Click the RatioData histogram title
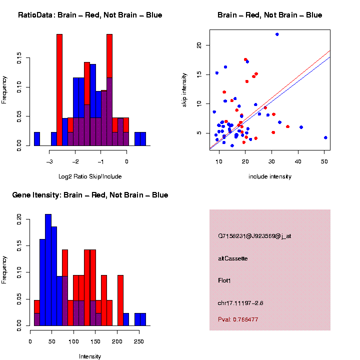pos(90,15)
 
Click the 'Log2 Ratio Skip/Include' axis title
pos(90,176)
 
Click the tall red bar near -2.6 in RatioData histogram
pos(59,90)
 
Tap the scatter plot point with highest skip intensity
pos(277,34)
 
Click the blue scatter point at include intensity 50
pos(325,137)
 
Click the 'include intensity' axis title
pos(270,176)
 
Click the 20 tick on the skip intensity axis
pos(198,45)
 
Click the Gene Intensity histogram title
pos(90,195)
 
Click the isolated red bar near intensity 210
pos(120,300)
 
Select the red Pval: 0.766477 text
pos(238,319)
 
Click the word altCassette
pos(232,258)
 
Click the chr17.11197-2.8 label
pos(241,303)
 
